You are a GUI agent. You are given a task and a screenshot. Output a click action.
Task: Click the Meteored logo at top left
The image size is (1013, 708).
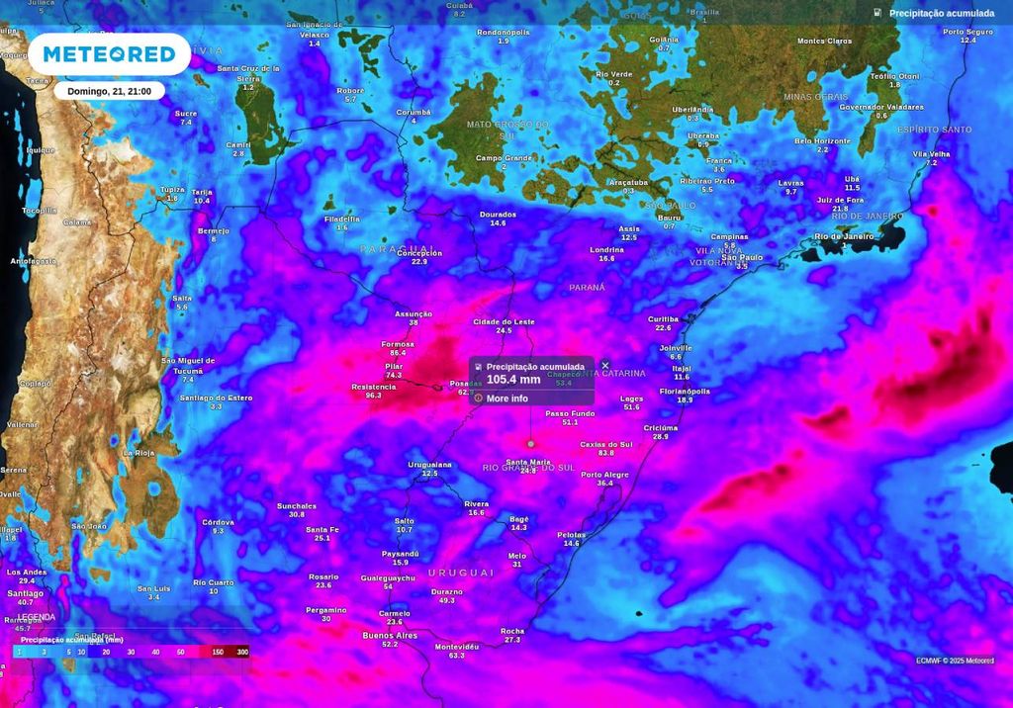109,54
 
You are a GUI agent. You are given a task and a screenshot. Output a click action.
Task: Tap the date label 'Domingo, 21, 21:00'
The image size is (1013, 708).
110,91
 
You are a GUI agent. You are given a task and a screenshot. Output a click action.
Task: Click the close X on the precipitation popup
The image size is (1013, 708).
605,366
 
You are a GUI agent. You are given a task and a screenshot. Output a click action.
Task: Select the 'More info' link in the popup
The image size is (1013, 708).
506,398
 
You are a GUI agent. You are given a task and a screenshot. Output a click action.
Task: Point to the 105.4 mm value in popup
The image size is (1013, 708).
513,379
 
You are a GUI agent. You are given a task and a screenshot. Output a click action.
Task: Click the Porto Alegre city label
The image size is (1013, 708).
604,475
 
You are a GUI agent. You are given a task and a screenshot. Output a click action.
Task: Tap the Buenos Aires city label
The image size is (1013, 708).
390,635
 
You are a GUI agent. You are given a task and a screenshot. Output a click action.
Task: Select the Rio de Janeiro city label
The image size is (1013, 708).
844,236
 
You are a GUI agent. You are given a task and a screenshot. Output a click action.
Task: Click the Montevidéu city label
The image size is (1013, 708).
457,647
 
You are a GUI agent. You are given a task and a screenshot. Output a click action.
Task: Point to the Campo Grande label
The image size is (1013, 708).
504,158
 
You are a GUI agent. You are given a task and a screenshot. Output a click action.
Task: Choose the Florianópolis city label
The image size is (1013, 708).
685,391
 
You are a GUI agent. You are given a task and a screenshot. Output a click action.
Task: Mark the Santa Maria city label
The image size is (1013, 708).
528,462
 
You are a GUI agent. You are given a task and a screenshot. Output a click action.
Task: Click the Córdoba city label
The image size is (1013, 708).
218,522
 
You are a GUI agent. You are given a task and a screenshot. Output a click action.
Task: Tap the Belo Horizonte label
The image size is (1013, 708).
822,141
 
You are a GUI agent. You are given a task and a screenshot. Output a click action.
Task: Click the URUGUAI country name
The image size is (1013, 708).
460,573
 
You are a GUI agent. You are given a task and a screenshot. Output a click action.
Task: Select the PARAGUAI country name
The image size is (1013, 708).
397,248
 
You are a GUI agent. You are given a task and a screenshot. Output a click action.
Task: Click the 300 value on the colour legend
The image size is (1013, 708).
241,653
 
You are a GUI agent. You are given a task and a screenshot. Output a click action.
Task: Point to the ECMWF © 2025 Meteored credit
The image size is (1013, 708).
955,660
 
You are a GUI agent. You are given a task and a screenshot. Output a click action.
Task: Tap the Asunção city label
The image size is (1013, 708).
414,313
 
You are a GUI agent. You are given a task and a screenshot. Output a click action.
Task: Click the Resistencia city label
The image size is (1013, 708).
373,387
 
